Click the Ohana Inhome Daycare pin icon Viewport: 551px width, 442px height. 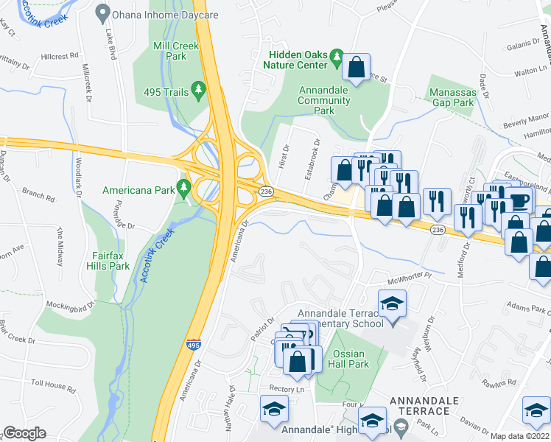coord(102,13)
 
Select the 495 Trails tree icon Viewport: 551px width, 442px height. coord(198,90)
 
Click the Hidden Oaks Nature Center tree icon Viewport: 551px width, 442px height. coord(337,56)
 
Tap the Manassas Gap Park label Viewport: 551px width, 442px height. coord(453,98)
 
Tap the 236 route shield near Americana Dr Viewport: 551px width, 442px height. coord(266,191)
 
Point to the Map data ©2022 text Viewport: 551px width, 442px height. coord(520,436)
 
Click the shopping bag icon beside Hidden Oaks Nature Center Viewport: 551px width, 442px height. coord(356,68)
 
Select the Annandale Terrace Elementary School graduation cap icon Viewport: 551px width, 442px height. coord(392,302)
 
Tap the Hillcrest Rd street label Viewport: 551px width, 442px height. coord(59,56)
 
